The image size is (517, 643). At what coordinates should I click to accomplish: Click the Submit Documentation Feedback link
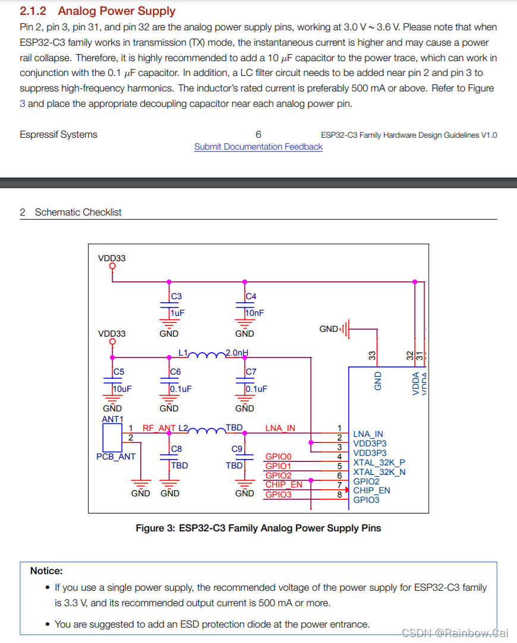click(x=258, y=147)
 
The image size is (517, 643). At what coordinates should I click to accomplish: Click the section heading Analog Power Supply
click(x=116, y=11)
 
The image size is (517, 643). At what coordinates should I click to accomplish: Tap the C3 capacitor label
click(x=176, y=296)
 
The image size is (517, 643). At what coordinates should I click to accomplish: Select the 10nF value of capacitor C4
click(x=255, y=312)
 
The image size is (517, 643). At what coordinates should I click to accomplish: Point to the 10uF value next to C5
click(x=122, y=389)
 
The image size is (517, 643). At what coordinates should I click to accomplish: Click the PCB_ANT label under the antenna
click(x=116, y=457)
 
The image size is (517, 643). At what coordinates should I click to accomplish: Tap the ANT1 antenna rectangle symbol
click(x=112, y=438)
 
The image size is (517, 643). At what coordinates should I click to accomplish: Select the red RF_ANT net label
click(x=159, y=428)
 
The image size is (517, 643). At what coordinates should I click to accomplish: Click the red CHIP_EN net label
click(x=283, y=484)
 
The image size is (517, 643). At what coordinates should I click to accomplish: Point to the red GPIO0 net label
click(x=279, y=457)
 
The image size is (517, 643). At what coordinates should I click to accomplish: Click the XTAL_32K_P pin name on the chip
click(x=379, y=463)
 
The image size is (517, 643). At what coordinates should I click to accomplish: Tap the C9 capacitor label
click(x=237, y=449)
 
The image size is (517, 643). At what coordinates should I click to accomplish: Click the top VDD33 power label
click(x=112, y=258)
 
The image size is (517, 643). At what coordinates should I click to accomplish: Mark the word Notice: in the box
click(x=46, y=571)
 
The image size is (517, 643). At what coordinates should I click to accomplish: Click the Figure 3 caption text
click(x=258, y=528)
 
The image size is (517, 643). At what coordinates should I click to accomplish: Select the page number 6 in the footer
click(x=258, y=135)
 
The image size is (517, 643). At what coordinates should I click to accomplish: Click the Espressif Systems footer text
click(x=58, y=135)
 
